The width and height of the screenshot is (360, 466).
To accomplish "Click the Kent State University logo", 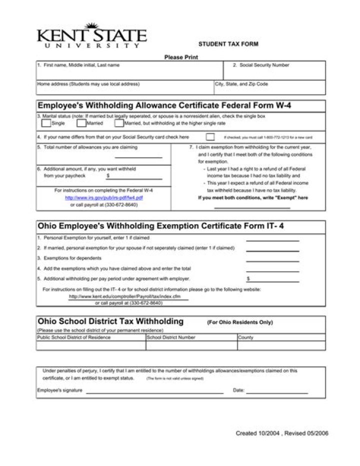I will point(91,36).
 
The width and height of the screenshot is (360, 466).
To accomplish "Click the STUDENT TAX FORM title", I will point(228,44).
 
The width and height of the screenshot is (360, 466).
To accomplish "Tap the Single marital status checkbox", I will point(46,123).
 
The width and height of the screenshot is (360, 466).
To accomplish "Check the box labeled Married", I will point(81,123).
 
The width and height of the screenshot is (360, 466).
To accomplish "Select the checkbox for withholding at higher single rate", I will point(119,123).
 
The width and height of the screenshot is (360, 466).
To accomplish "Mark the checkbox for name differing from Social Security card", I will point(210,137).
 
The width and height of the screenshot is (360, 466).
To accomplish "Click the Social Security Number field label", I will point(261,65).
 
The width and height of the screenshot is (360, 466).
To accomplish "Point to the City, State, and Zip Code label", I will point(241,84).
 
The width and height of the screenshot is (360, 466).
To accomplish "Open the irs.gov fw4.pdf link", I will point(104,198).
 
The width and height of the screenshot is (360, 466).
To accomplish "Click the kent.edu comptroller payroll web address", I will point(124,296).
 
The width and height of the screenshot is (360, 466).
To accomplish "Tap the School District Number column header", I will point(170,337).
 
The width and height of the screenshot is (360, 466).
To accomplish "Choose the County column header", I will point(245,337).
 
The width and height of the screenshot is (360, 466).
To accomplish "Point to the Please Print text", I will point(181,57).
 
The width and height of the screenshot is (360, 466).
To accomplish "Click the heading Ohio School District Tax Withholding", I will point(110,321).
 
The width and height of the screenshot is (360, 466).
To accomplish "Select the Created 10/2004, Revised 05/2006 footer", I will point(282,433).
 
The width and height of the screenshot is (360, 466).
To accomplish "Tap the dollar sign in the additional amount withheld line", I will point(107,176).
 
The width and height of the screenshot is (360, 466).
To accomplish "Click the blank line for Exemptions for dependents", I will point(272,260).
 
